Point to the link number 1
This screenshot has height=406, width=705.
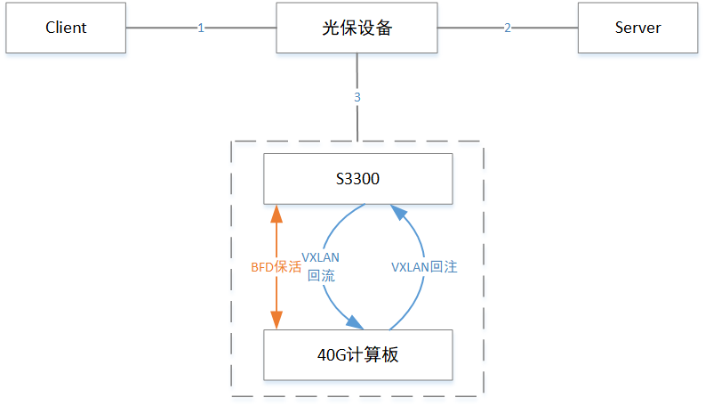click(x=201, y=28)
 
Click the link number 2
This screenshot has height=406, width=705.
click(x=508, y=28)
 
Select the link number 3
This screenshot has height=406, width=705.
click(x=357, y=97)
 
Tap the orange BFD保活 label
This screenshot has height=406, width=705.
click(x=276, y=266)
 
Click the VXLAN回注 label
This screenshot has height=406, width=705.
click(x=424, y=266)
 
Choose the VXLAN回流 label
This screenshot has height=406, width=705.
click(x=320, y=266)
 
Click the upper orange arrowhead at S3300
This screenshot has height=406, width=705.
click(x=276, y=212)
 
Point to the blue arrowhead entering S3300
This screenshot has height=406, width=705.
click(x=401, y=212)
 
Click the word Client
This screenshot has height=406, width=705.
click(x=66, y=27)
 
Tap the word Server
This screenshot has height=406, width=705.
click(x=637, y=27)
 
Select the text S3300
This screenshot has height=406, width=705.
click(x=357, y=178)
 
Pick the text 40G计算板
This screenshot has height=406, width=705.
click(x=357, y=354)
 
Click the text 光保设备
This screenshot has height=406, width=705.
click(x=357, y=27)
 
